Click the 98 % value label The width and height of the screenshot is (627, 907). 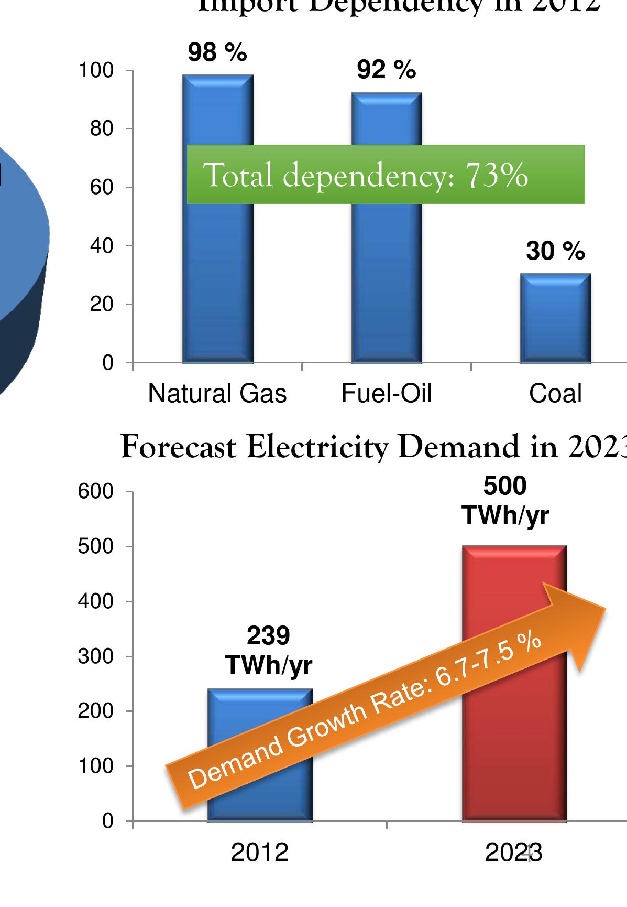click(217, 52)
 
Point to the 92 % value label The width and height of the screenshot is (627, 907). click(387, 70)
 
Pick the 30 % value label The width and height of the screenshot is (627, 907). click(556, 252)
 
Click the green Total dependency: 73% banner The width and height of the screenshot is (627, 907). click(386, 174)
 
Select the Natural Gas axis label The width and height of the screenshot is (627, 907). click(217, 393)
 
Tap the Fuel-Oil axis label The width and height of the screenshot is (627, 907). click(387, 393)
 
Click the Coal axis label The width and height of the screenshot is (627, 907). click(556, 393)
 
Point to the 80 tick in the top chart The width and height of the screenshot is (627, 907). click(102, 129)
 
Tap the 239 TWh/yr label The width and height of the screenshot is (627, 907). click(268, 651)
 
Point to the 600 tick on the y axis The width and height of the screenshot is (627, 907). click(96, 492)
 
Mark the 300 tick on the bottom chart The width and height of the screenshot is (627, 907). click(96, 656)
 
